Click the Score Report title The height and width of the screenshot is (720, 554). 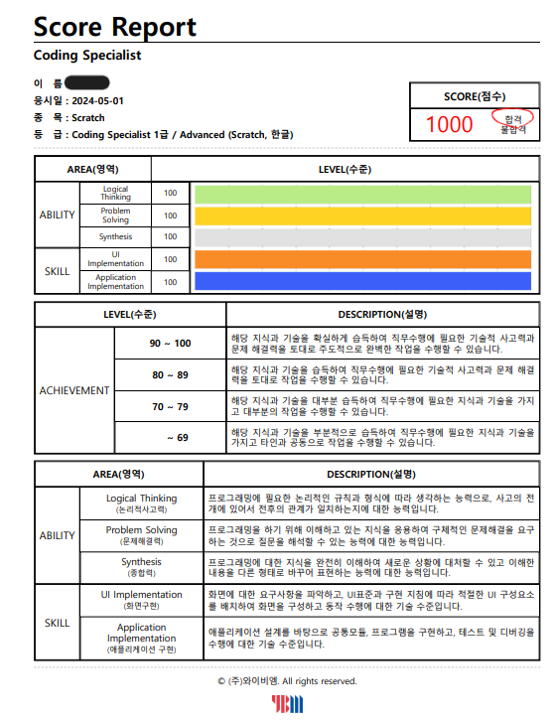(115, 27)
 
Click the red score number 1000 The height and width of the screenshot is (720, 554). (449, 124)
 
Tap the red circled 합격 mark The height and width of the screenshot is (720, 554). (512, 117)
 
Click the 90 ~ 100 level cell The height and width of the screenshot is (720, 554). (171, 343)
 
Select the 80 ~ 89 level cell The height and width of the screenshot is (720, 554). (171, 375)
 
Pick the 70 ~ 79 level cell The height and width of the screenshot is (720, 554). (171, 406)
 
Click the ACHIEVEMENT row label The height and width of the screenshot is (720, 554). (74, 390)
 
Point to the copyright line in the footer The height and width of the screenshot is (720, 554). (286, 681)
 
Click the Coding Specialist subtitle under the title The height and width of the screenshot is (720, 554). (87, 56)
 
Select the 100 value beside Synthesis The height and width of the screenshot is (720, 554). (171, 237)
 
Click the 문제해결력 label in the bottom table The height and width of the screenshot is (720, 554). (141, 542)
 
